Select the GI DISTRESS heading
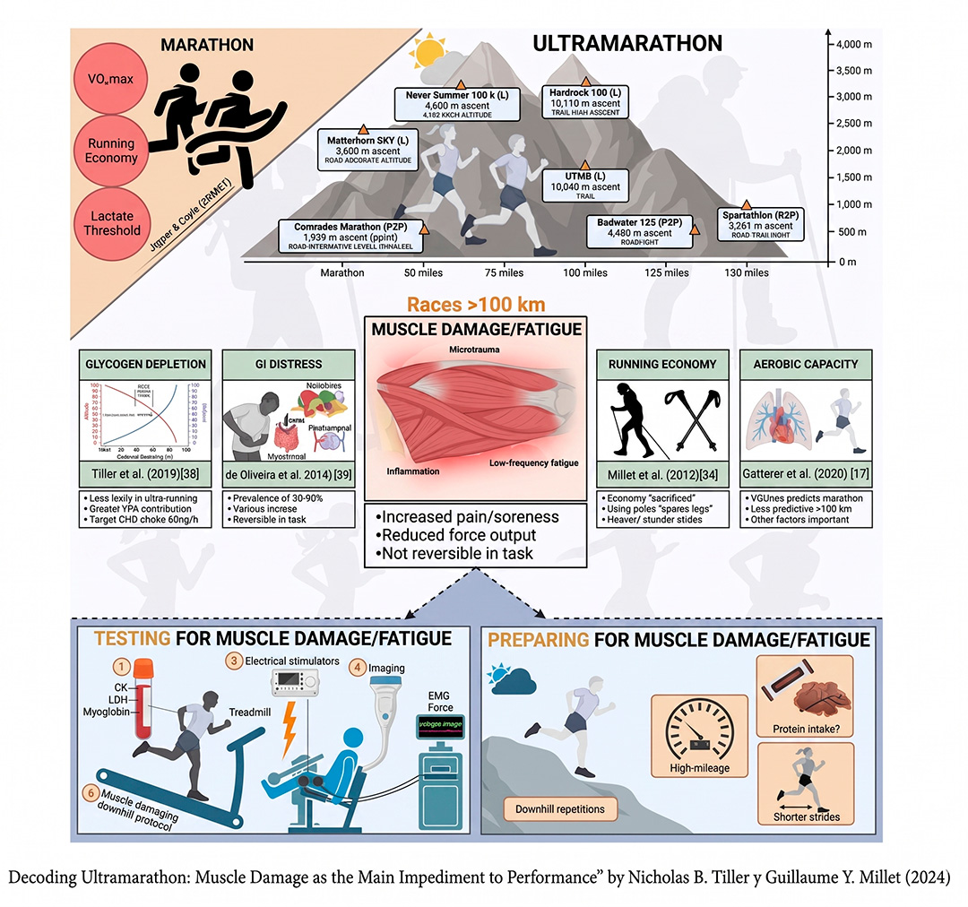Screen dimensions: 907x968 pos(287,364)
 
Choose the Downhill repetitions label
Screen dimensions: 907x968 pos(559,809)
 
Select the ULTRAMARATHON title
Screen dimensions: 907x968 pos(627,43)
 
